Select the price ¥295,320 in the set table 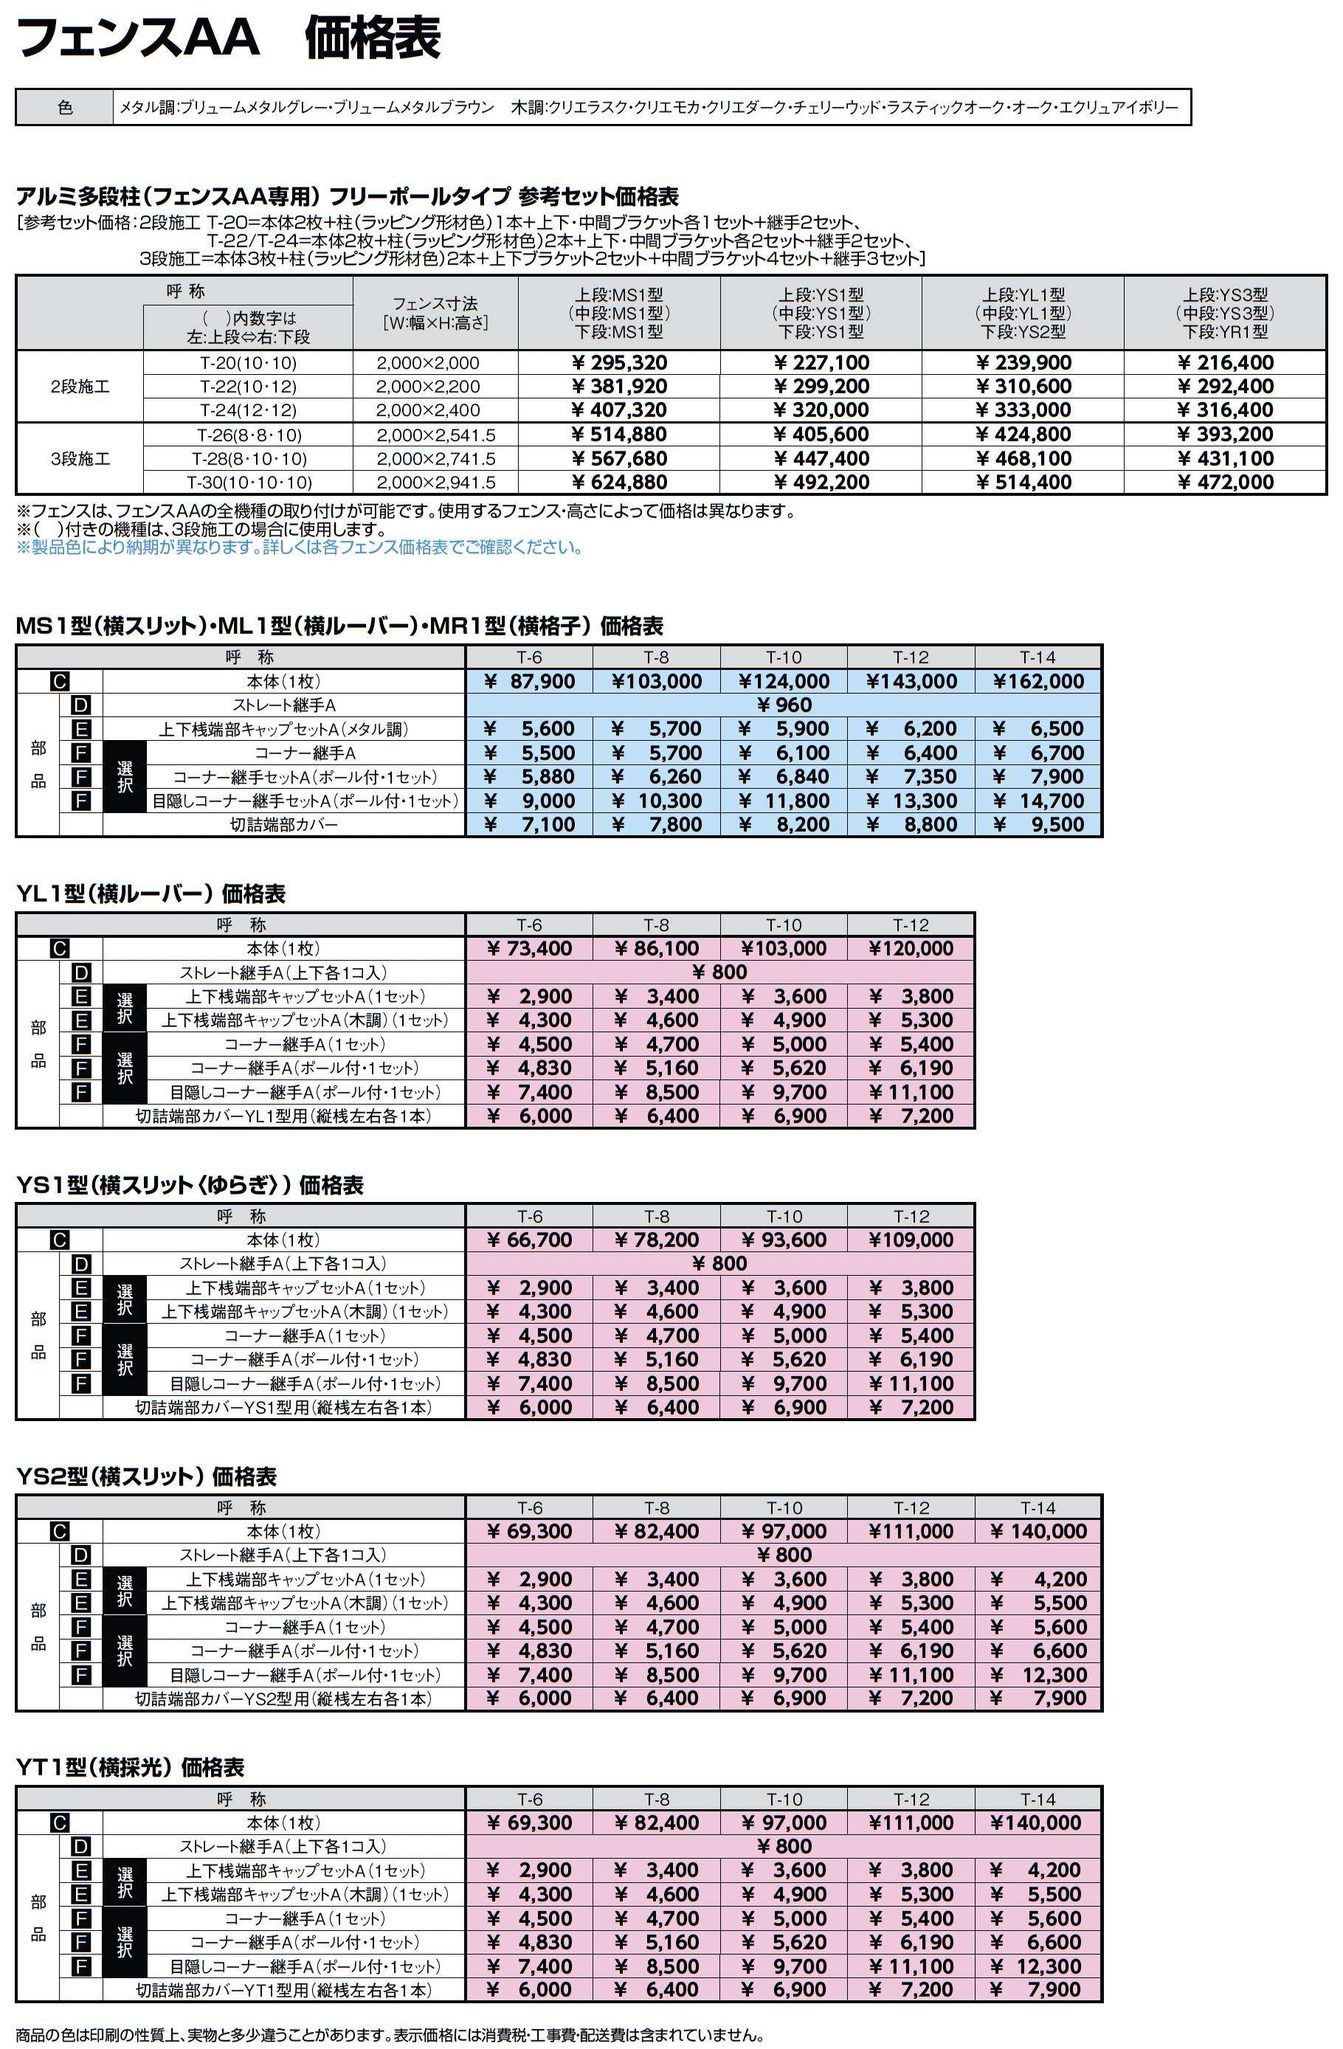620,362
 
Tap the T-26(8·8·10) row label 248,435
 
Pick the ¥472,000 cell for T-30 1225,482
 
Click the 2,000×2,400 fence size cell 428,410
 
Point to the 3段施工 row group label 80,459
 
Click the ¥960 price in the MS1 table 784,705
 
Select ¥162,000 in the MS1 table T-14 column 1038,682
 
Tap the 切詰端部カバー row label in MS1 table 283,825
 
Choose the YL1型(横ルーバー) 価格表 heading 151,894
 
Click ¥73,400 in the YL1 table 530,949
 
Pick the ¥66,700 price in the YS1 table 530,1240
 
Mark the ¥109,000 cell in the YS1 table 911,1240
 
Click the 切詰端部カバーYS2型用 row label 283,1699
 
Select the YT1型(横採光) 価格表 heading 130,1767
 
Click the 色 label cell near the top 65,108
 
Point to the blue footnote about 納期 300,547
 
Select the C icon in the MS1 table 59,682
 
